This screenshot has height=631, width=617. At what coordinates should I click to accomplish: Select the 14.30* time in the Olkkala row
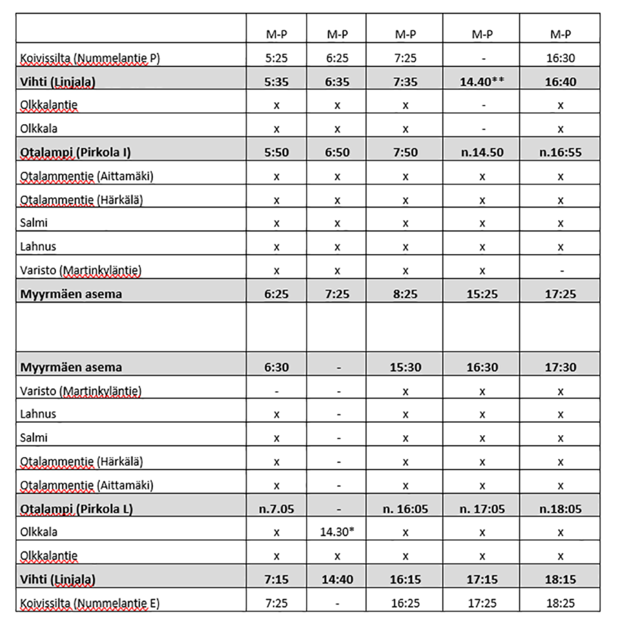click(337, 532)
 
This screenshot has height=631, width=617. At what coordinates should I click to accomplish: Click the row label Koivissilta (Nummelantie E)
click(90, 603)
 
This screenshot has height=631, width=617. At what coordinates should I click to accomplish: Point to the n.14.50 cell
click(481, 153)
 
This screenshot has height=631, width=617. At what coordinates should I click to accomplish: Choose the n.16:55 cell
click(560, 153)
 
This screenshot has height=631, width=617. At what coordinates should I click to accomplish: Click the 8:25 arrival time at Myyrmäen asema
click(405, 294)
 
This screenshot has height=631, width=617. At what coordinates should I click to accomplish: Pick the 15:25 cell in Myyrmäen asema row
click(481, 294)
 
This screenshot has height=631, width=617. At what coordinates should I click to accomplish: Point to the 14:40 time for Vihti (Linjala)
click(337, 580)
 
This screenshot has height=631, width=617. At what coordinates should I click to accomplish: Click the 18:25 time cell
click(560, 603)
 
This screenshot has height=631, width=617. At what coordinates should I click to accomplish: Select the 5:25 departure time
click(276, 59)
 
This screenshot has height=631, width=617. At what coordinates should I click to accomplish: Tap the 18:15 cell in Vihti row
click(560, 580)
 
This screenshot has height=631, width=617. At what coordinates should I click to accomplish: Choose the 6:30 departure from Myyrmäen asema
click(276, 367)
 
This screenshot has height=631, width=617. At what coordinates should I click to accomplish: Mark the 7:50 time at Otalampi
click(405, 153)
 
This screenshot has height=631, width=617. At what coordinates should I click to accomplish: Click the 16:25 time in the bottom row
click(405, 603)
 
